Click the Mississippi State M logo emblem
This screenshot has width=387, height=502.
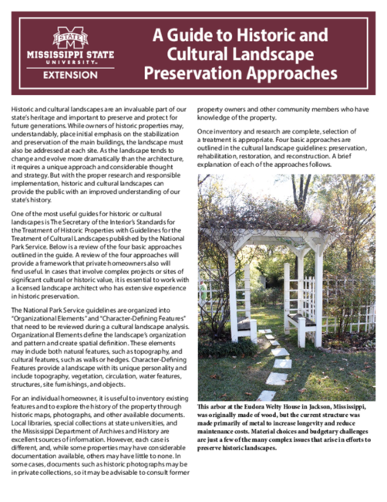point(70,37)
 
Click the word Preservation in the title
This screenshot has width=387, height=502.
point(193,75)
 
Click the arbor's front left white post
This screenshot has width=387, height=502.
point(232,297)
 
